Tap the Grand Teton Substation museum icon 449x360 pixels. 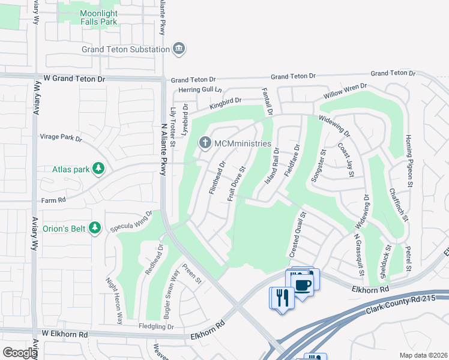[x=178, y=49]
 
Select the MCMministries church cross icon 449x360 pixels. [x=205, y=143]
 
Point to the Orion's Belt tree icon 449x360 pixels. [x=94, y=228]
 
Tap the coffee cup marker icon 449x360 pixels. [x=303, y=284]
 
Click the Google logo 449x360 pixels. [x=19, y=353]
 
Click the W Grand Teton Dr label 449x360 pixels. [x=74, y=79]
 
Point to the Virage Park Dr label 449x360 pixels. [x=61, y=137]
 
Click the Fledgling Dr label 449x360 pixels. [x=152, y=327]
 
